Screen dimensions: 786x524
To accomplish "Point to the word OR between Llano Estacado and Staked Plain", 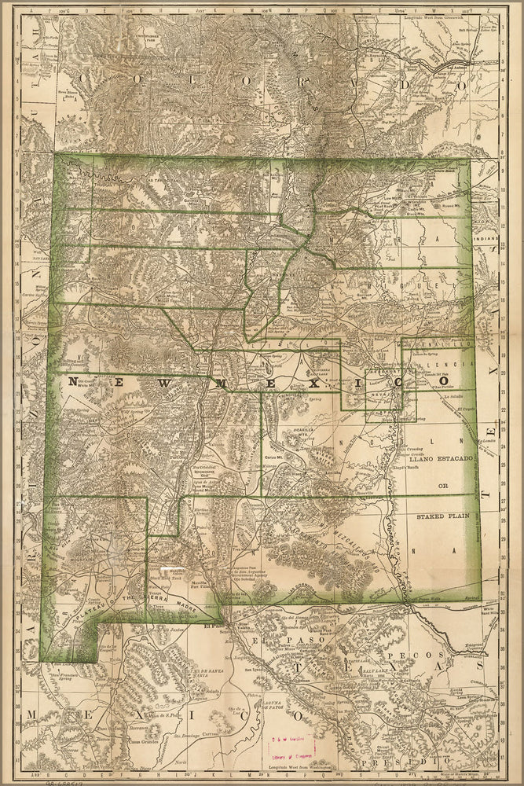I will click(442, 486).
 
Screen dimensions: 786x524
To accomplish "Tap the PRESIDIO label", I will click(425, 760).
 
